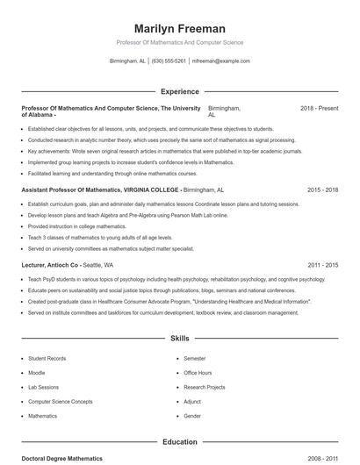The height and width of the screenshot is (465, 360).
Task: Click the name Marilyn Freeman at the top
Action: tap(179, 29)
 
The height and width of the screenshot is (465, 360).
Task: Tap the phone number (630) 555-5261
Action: tap(169, 61)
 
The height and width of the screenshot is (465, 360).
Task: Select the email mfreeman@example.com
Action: tap(220, 61)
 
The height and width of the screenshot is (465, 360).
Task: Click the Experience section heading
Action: tap(179, 91)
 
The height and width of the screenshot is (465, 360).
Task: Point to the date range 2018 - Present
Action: tap(319, 108)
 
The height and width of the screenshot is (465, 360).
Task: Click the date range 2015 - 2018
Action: tap(322, 190)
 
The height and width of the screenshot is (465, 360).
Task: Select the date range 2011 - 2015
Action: tap(322, 264)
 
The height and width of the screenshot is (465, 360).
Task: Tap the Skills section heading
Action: tap(179, 338)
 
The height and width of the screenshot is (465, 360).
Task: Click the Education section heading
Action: tap(179, 442)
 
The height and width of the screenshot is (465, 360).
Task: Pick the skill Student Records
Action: tap(47, 359)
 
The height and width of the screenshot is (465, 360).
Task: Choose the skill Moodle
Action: tap(36, 373)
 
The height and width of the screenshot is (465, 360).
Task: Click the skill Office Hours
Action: tap(198, 373)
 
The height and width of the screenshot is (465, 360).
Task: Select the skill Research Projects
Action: tap(204, 387)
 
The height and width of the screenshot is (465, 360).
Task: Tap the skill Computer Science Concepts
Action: tap(60, 401)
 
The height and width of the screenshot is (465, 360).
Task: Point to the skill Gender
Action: tap(192, 416)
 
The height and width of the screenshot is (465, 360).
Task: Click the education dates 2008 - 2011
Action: tap(322, 458)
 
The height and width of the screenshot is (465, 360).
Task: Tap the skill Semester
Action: tap(194, 359)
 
